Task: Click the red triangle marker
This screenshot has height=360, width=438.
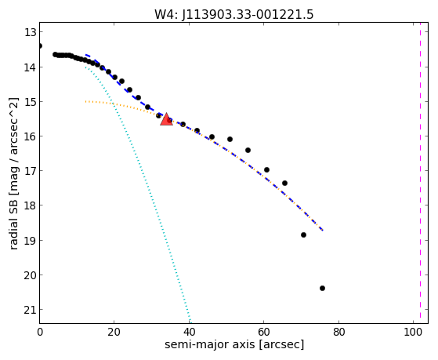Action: (x=166, y=119)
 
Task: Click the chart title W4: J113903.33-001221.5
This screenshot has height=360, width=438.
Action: (x=233, y=14)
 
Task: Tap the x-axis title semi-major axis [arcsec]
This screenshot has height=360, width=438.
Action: (x=234, y=344)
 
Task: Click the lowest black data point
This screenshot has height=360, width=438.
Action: (x=322, y=288)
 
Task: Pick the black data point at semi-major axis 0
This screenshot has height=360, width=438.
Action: (x=40, y=45)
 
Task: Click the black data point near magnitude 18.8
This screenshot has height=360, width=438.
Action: (x=304, y=235)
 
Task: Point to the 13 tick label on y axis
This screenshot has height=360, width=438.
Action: (x=31, y=32)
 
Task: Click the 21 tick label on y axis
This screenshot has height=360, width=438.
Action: (x=31, y=310)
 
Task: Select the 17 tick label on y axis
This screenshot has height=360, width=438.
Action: (x=31, y=171)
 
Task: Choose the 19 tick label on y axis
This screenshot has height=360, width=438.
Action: (x=31, y=240)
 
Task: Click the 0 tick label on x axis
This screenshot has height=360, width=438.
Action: (x=40, y=332)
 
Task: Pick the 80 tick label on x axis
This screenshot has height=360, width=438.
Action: (x=338, y=332)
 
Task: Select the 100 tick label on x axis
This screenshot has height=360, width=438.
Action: (x=413, y=332)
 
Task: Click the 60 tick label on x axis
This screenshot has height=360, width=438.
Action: (x=264, y=332)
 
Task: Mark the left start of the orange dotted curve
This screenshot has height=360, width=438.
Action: (x=85, y=101)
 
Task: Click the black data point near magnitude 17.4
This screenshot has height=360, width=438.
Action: (x=284, y=183)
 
